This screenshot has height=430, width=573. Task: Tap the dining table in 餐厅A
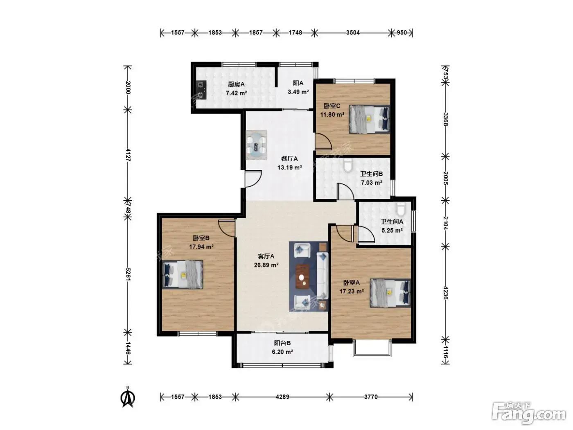[256, 145]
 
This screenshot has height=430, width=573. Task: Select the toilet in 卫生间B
[348, 165]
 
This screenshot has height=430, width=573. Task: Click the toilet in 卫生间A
[400, 209]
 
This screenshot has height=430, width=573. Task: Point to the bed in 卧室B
[183, 274]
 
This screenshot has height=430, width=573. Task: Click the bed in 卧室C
[369, 119]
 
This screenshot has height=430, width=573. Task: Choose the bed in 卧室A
[390, 293]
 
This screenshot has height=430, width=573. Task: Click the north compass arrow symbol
[128, 398]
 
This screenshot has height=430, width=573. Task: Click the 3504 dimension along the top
[353, 33]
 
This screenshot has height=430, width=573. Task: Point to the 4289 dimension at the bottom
[282, 397]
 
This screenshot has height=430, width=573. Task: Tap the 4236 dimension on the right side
[445, 293]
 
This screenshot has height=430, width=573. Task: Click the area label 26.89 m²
[266, 265]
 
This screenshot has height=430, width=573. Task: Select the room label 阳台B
[282, 343]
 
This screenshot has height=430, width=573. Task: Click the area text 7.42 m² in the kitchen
[237, 93]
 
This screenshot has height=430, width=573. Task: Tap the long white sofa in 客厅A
[322, 275]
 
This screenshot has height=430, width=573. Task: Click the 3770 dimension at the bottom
[371, 397]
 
